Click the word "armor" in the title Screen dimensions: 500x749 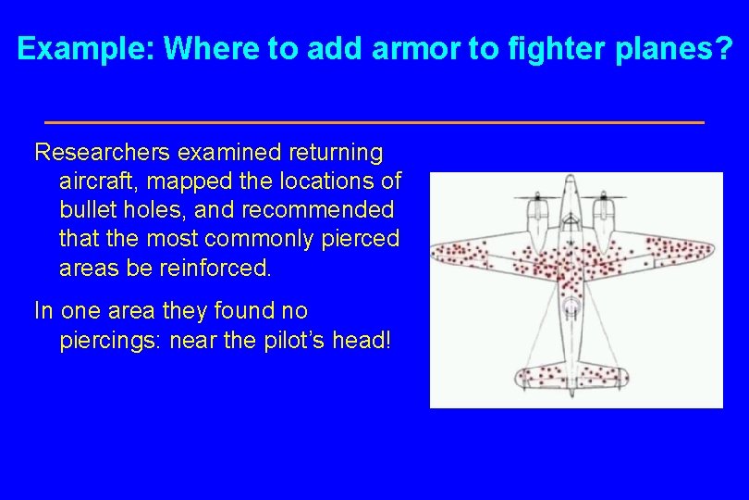(415, 49)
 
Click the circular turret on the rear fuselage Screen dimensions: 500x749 (571, 306)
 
